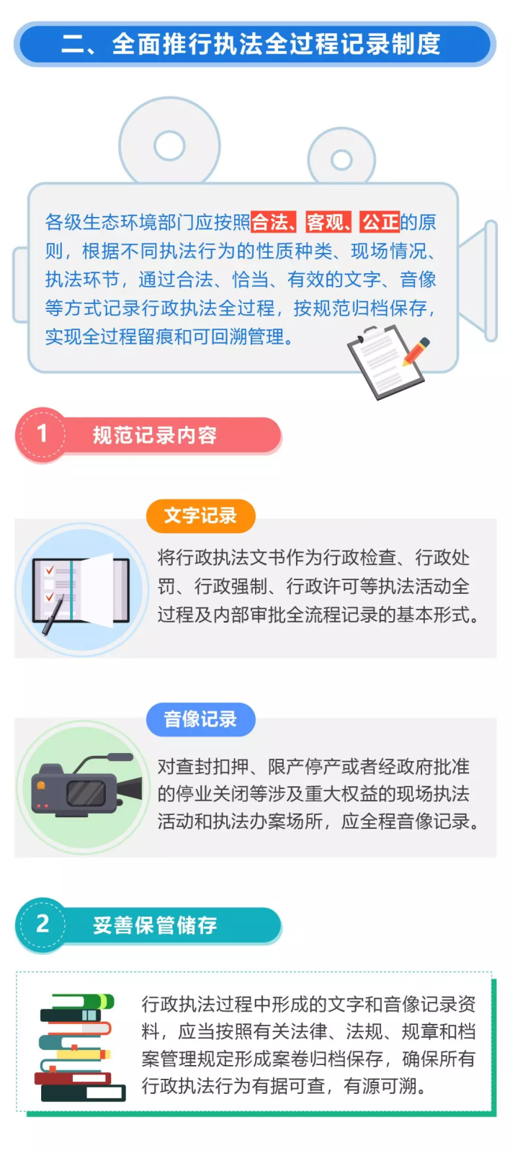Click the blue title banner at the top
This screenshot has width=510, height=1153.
click(x=254, y=44)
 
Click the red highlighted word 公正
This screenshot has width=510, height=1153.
click(x=380, y=222)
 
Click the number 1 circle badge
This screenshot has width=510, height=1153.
click(x=42, y=434)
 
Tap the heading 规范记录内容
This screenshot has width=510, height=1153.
click(x=155, y=435)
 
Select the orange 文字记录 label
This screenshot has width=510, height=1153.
click(x=200, y=516)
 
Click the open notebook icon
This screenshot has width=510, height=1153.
click(x=81, y=589)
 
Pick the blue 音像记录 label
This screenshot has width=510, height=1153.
click(x=200, y=719)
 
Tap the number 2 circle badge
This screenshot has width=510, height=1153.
click(x=42, y=924)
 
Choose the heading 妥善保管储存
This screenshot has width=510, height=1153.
click(x=155, y=925)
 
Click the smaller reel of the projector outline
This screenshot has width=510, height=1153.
click(x=341, y=159)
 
